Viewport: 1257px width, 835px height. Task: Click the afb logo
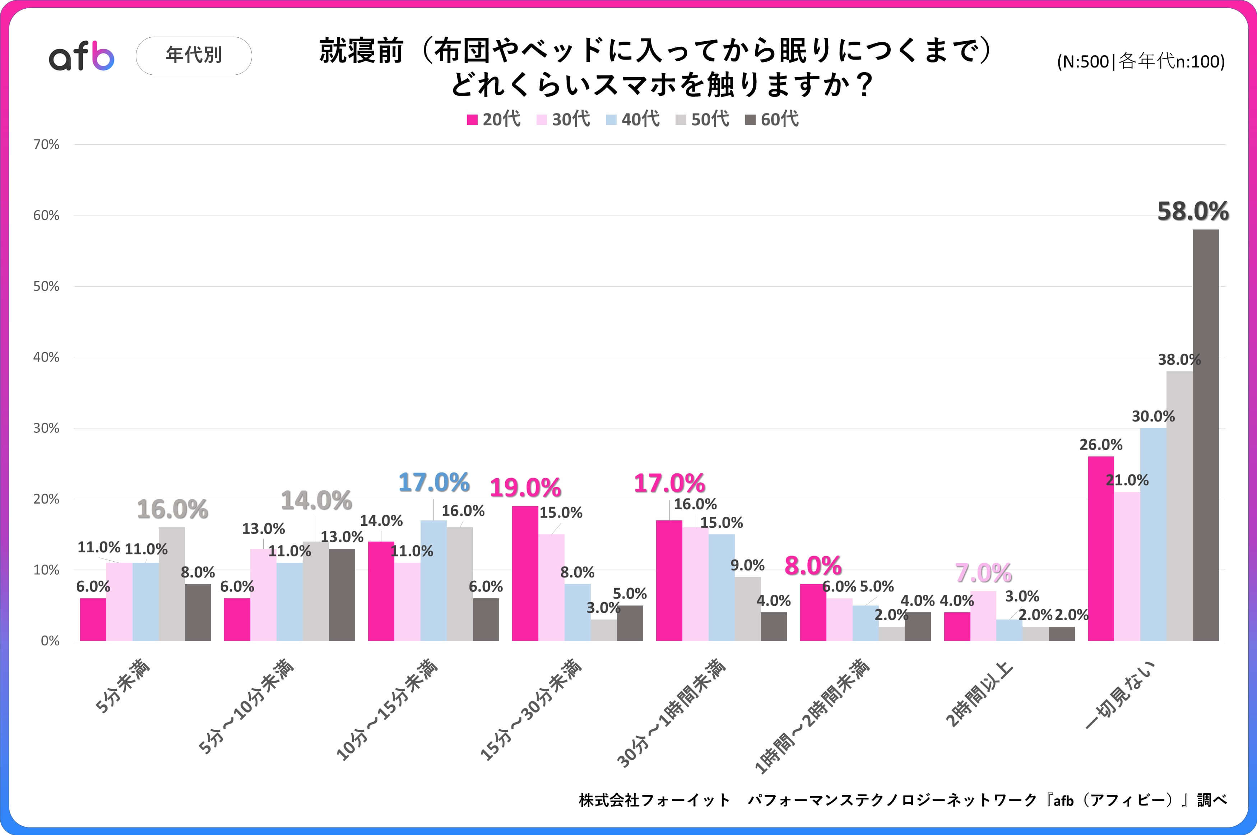pos(82,56)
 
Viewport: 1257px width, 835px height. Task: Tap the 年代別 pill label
pos(194,55)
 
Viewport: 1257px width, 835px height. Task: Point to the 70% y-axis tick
pos(46,145)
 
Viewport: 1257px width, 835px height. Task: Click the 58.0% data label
pos(1193,212)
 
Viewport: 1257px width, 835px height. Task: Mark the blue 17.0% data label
pos(434,482)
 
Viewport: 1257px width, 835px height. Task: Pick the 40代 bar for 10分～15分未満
pos(433,580)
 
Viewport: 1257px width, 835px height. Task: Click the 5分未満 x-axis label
pos(122,686)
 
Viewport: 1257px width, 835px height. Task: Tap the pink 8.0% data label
pos(813,566)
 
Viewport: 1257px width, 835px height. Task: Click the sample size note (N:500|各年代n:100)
pos(1140,62)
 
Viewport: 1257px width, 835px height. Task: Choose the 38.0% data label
pos(1179,360)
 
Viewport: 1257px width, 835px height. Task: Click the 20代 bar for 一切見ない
pos(1100,548)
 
